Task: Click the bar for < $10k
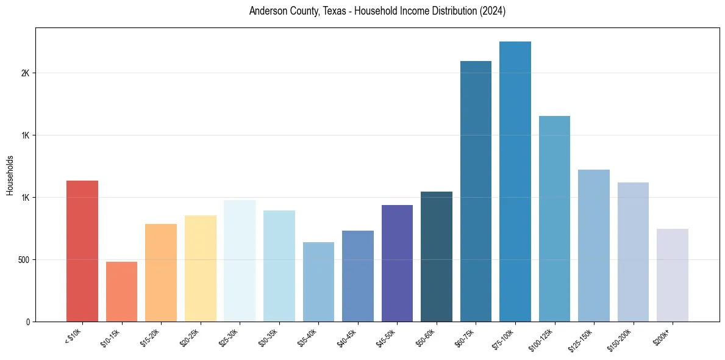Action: coord(82,251)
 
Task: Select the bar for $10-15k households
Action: coord(121,292)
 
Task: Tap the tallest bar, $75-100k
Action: coord(515,181)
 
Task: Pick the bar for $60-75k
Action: coord(476,191)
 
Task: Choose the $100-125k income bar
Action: coord(554,218)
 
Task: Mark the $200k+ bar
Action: coord(672,275)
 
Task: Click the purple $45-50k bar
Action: coord(397,263)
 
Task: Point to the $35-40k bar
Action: coord(318,282)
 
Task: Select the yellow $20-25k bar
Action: coord(200,268)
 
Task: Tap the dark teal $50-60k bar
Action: coord(437,256)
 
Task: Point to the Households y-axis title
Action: coord(10,175)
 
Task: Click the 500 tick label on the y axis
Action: coord(23,260)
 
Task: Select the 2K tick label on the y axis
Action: coord(25,73)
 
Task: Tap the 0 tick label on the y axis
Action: coord(27,322)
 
